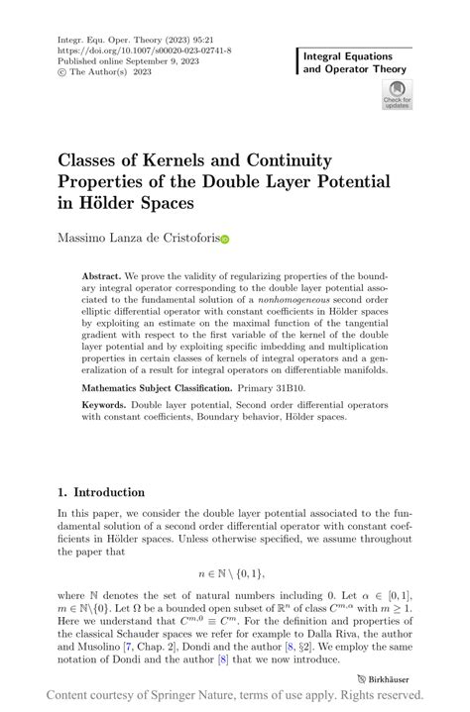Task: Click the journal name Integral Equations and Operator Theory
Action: point(353,64)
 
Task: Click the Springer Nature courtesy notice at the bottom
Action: point(235,696)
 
